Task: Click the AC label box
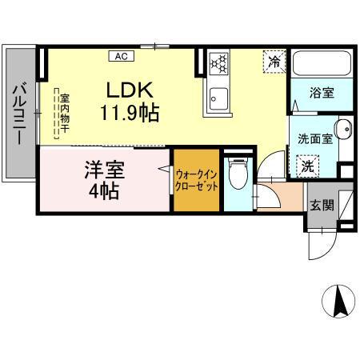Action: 121,56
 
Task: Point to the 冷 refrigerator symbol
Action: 274,60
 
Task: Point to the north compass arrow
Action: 338,302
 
